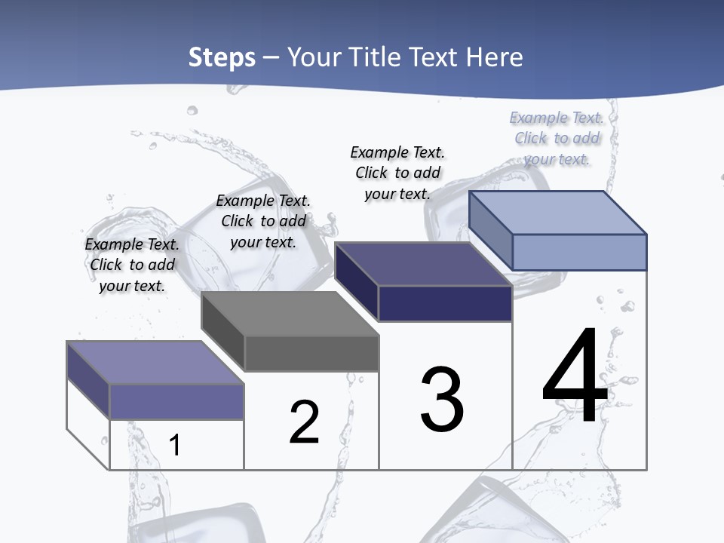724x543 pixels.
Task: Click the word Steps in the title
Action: [x=221, y=57]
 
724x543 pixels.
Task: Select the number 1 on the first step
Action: [x=175, y=445]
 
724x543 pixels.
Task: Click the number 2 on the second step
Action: [x=304, y=422]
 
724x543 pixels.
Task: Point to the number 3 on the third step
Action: [x=442, y=400]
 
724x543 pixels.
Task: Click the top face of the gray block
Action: [x=290, y=314]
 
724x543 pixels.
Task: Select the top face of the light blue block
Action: [x=558, y=213]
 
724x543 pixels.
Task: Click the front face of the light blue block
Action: [x=579, y=252]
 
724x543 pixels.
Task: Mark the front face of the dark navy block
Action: [x=445, y=303]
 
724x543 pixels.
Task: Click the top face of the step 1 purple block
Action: [x=155, y=363]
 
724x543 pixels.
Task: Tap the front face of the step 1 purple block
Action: [x=176, y=402]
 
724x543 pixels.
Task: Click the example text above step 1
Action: [x=132, y=265]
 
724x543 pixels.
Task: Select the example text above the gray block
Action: [x=263, y=221]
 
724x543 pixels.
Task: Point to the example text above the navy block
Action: [x=397, y=173]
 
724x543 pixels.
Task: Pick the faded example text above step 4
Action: [x=557, y=138]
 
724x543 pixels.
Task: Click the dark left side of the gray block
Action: [x=223, y=332]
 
